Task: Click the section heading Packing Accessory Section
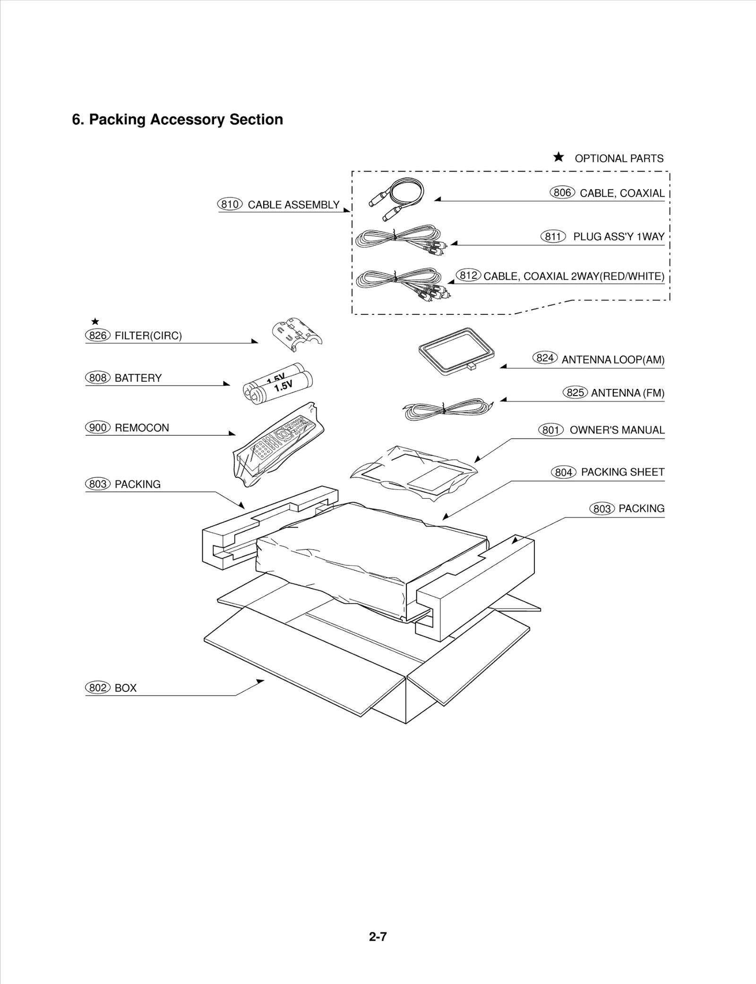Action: [177, 120]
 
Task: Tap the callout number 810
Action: [230, 204]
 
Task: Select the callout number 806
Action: [562, 192]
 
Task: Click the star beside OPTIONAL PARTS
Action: [558, 157]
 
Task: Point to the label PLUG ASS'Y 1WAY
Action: [619, 237]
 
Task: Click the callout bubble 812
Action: [468, 275]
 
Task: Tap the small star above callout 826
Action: [95, 322]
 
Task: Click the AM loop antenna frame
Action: [456, 351]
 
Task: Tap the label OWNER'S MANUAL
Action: [617, 430]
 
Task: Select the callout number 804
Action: [563, 472]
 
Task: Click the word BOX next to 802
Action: [125, 688]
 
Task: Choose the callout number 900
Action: [97, 428]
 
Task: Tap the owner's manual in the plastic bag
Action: [414, 471]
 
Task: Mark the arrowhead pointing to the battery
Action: [227, 384]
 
